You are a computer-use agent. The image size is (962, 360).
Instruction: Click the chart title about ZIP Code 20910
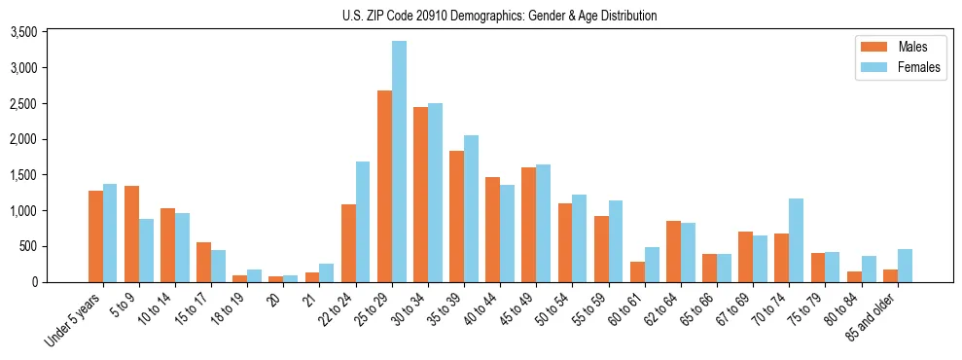pos(499,16)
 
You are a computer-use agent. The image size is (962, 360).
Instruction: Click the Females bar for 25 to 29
pos(399,162)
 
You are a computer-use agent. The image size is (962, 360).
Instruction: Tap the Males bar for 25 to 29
pos(384,186)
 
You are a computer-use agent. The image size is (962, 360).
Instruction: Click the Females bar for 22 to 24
pos(363,222)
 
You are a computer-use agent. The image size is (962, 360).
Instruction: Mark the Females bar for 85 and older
pos(905,266)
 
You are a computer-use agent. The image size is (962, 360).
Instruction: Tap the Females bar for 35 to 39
pos(471,208)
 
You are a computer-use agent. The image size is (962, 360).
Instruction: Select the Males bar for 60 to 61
pos(637,271)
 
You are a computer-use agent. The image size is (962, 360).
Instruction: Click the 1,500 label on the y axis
pos(23,175)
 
